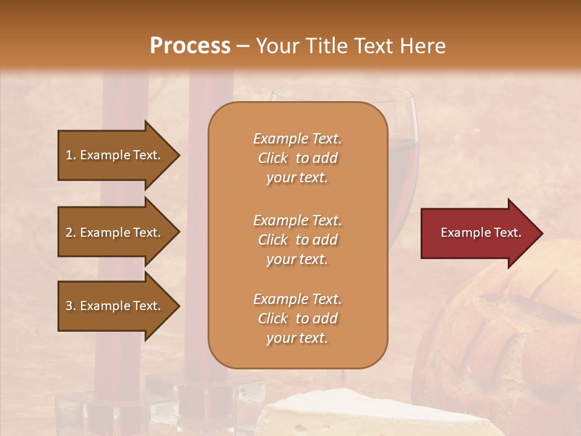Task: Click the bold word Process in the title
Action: (x=190, y=46)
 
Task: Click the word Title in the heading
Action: (x=326, y=46)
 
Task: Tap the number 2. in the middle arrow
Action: (x=71, y=233)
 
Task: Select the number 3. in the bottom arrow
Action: (x=71, y=306)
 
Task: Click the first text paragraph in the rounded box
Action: (x=297, y=158)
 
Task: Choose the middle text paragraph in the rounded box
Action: (x=297, y=240)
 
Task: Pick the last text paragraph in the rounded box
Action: (x=297, y=319)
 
